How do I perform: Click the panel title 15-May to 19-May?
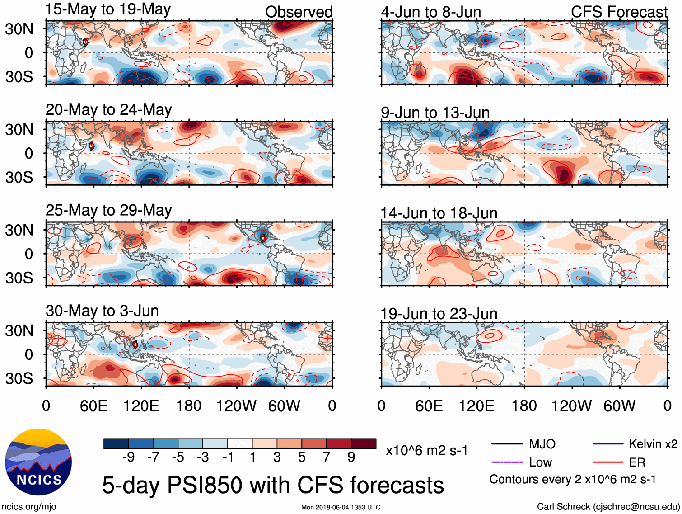tap(108, 9)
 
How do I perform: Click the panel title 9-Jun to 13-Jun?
tap(435, 112)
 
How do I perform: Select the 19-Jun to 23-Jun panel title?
tap(439, 313)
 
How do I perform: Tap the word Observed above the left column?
tap(299, 12)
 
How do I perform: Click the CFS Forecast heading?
tap(619, 12)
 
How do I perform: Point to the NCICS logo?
tap(38, 462)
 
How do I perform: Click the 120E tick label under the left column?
tap(141, 406)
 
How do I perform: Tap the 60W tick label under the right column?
tap(619, 406)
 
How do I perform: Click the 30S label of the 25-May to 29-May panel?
tap(19, 278)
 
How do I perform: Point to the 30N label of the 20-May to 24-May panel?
tap(19, 130)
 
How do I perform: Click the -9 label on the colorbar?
tap(129, 457)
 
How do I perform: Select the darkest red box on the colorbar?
tap(364, 443)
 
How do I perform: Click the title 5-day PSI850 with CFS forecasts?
tap(273, 485)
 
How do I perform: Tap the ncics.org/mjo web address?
tap(29, 506)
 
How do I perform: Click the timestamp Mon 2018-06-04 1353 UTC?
tap(341, 507)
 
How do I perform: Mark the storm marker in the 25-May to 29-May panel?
tap(263, 238)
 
